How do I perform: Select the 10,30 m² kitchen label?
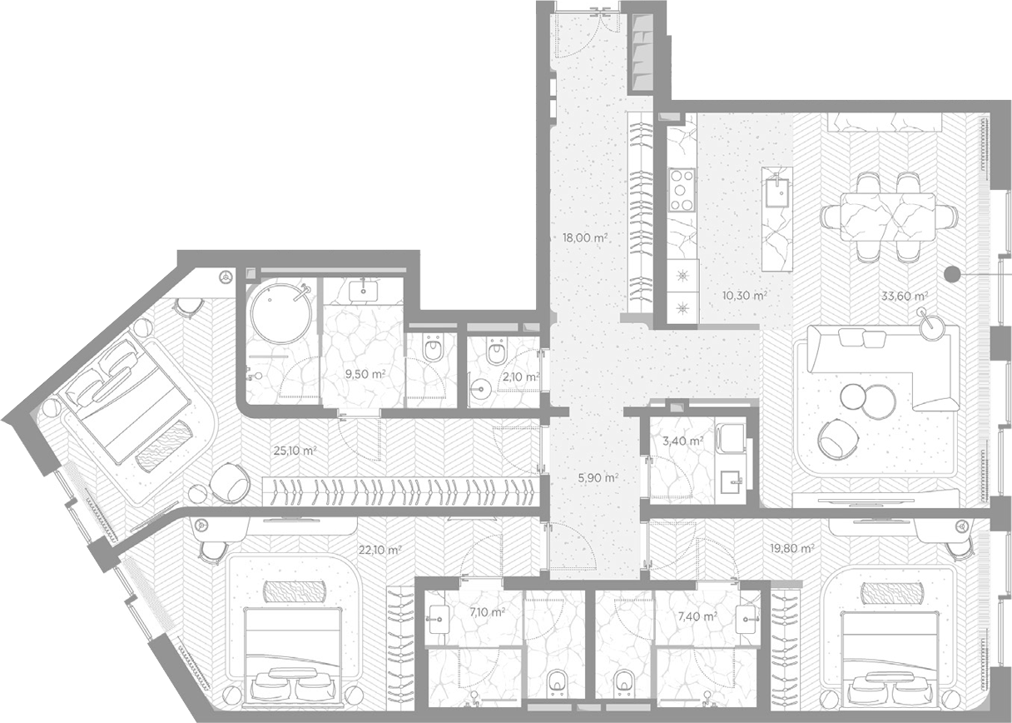745,297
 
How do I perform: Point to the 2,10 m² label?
521,376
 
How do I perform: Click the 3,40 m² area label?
682,440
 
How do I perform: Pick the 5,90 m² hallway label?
598,477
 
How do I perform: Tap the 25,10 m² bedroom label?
295,451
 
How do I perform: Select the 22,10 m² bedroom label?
380,550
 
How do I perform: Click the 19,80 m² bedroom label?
792,548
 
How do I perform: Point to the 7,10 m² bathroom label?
487,612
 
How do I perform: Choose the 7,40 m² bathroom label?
697,616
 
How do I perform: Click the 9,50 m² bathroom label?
365,374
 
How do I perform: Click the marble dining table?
888,217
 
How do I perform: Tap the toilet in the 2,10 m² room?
496,350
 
